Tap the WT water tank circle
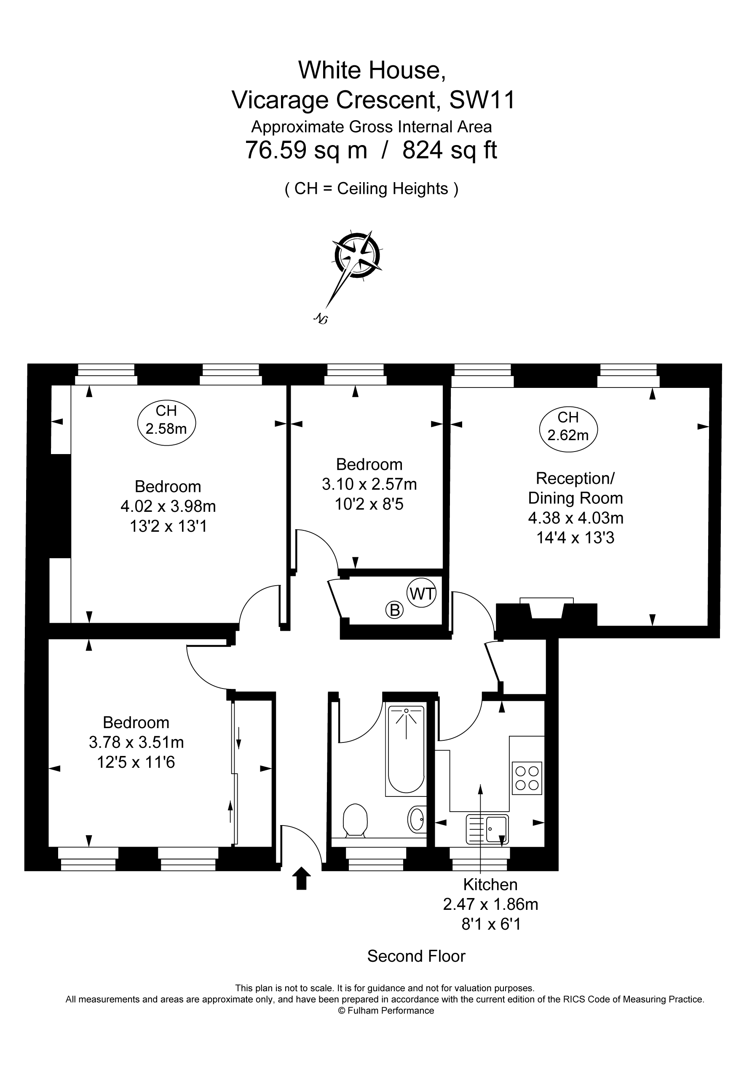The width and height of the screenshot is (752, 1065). click(x=421, y=593)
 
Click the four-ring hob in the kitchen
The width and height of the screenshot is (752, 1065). click(x=527, y=778)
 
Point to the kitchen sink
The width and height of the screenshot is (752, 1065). click(x=487, y=829)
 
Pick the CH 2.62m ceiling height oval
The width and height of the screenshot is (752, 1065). click(x=568, y=430)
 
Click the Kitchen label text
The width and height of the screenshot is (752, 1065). click(x=490, y=885)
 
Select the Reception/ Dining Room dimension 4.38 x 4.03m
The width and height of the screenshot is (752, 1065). click(x=576, y=518)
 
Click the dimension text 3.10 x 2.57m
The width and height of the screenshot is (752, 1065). click(x=369, y=484)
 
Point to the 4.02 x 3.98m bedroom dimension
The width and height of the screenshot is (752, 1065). click(x=168, y=506)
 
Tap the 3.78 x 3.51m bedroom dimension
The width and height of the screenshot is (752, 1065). click(x=136, y=742)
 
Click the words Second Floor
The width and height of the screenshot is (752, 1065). click(x=416, y=956)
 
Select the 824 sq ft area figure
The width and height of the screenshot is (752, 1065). click(x=450, y=150)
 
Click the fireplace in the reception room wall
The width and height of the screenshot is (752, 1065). click(x=546, y=608)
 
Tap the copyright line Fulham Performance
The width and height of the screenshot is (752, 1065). click(x=386, y=1010)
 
